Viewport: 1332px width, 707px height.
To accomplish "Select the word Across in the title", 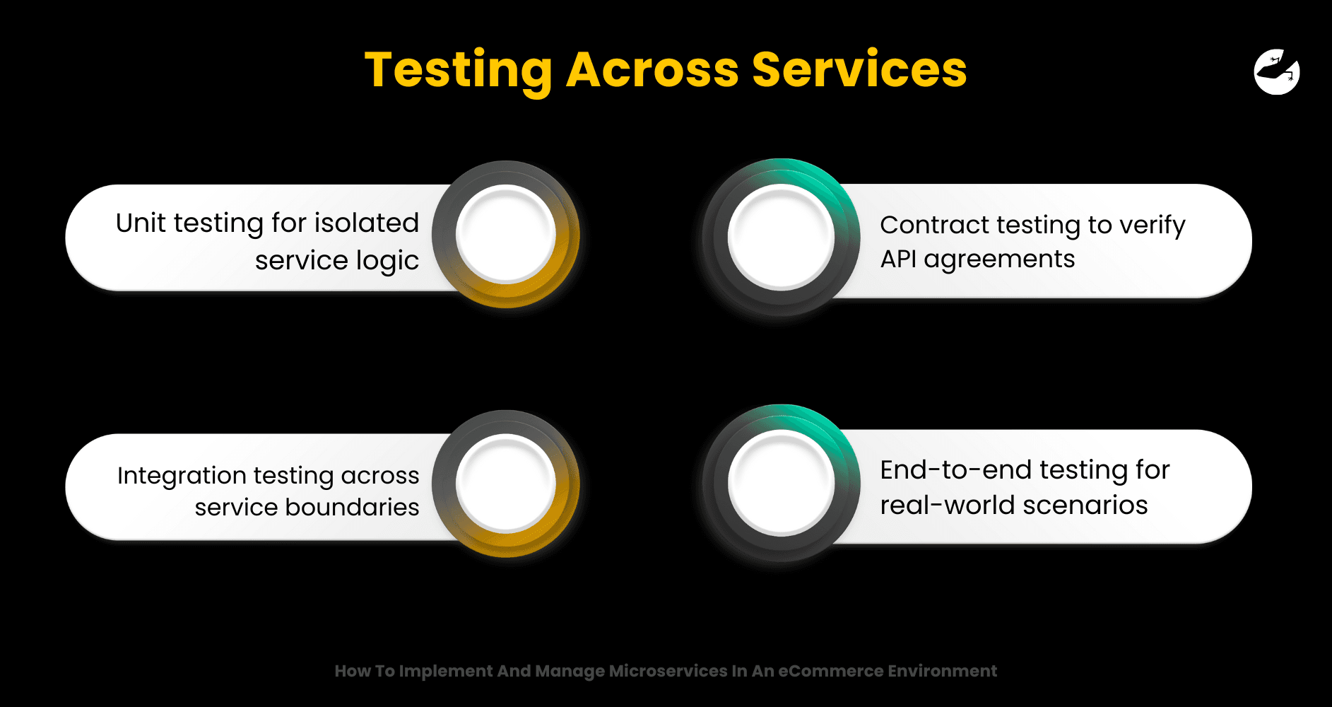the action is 652,70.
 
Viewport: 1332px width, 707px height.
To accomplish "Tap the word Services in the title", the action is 859,70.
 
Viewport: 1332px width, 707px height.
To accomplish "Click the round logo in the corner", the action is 1277,71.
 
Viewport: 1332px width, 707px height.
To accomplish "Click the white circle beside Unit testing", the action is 506,234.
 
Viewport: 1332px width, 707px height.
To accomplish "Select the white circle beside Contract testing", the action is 782,237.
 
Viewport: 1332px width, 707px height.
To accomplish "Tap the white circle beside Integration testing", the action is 506,484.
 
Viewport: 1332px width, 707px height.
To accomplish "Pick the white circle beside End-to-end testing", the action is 782,483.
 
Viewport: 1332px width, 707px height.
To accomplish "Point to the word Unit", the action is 141,223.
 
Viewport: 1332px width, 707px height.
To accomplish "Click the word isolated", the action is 367,223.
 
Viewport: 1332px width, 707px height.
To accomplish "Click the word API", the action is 898,259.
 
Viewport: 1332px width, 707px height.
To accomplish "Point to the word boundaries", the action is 352,507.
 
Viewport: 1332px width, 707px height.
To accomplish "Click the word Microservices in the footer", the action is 668,671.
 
